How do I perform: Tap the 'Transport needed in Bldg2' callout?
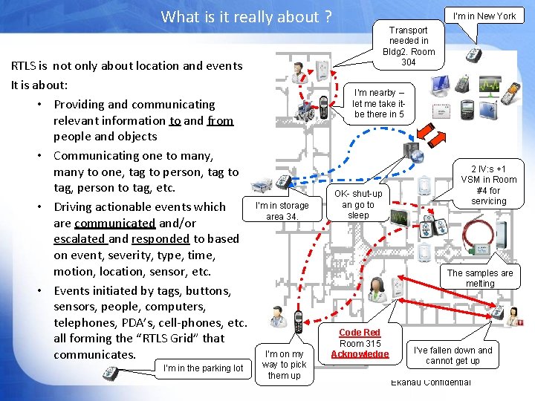click(x=408, y=46)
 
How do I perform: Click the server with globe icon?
click(x=412, y=153)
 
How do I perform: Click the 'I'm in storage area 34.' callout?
click(x=282, y=211)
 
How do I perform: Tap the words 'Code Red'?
click(x=359, y=332)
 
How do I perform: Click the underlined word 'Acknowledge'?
click(x=359, y=354)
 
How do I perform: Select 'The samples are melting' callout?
click(x=479, y=278)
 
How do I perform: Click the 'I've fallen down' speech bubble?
click(x=453, y=356)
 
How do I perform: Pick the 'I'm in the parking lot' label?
click(x=203, y=368)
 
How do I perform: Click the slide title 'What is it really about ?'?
click(x=246, y=16)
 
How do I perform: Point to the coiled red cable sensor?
click(x=476, y=233)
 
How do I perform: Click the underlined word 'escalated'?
click(x=80, y=239)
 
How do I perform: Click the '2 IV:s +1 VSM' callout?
click(x=488, y=185)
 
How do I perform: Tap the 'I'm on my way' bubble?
click(x=284, y=365)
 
